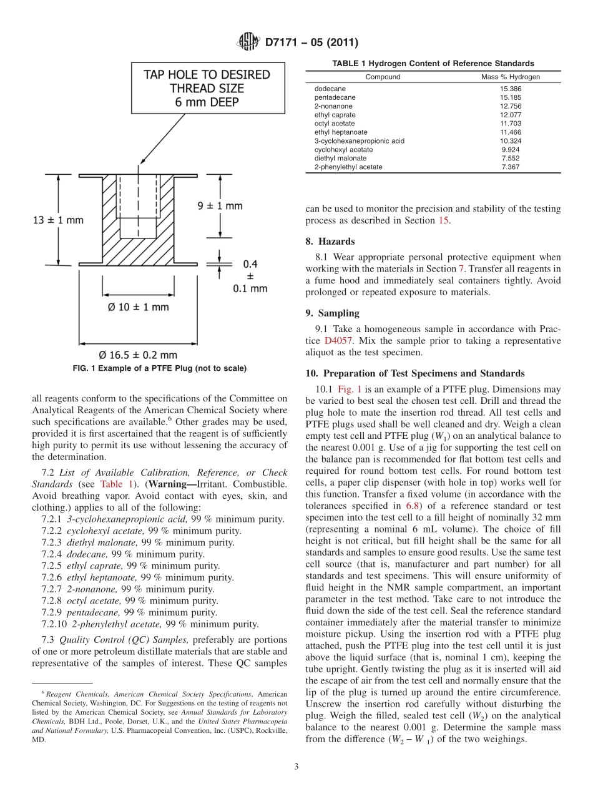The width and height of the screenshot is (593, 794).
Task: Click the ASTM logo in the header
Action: point(248,42)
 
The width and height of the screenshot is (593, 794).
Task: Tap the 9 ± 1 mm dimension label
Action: point(216,205)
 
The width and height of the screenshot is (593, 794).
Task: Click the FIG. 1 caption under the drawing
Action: point(159,368)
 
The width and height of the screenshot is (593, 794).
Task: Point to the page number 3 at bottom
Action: point(296,767)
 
